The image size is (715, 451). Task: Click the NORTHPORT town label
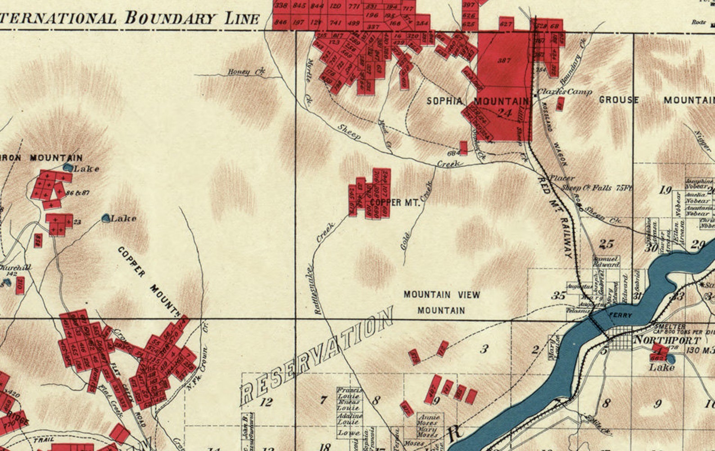pyautogui.click(x=667, y=340)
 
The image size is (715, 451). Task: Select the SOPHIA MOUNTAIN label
pyautogui.click(x=477, y=101)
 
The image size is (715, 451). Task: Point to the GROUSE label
pyautogui.click(x=618, y=100)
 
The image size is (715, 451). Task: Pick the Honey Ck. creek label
pyautogui.click(x=246, y=71)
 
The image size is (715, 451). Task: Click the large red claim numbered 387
pyautogui.click(x=504, y=60)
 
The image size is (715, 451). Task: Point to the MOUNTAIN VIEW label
pyautogui.click(x=441, y=295)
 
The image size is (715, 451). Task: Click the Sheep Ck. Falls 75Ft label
pyautogui.click(x=596, y=188)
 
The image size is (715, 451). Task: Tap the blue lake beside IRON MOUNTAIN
pyautogui.click(x=68, y=167)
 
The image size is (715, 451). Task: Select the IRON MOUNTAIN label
pyautogui.click(x=43, y=158)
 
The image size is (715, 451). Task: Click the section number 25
pyautogui.click(x=606, y=244)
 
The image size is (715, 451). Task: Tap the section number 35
pyautogui.click(x=558, y=295)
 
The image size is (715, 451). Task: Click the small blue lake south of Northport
pyautogui.click(x=670, y=359)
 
